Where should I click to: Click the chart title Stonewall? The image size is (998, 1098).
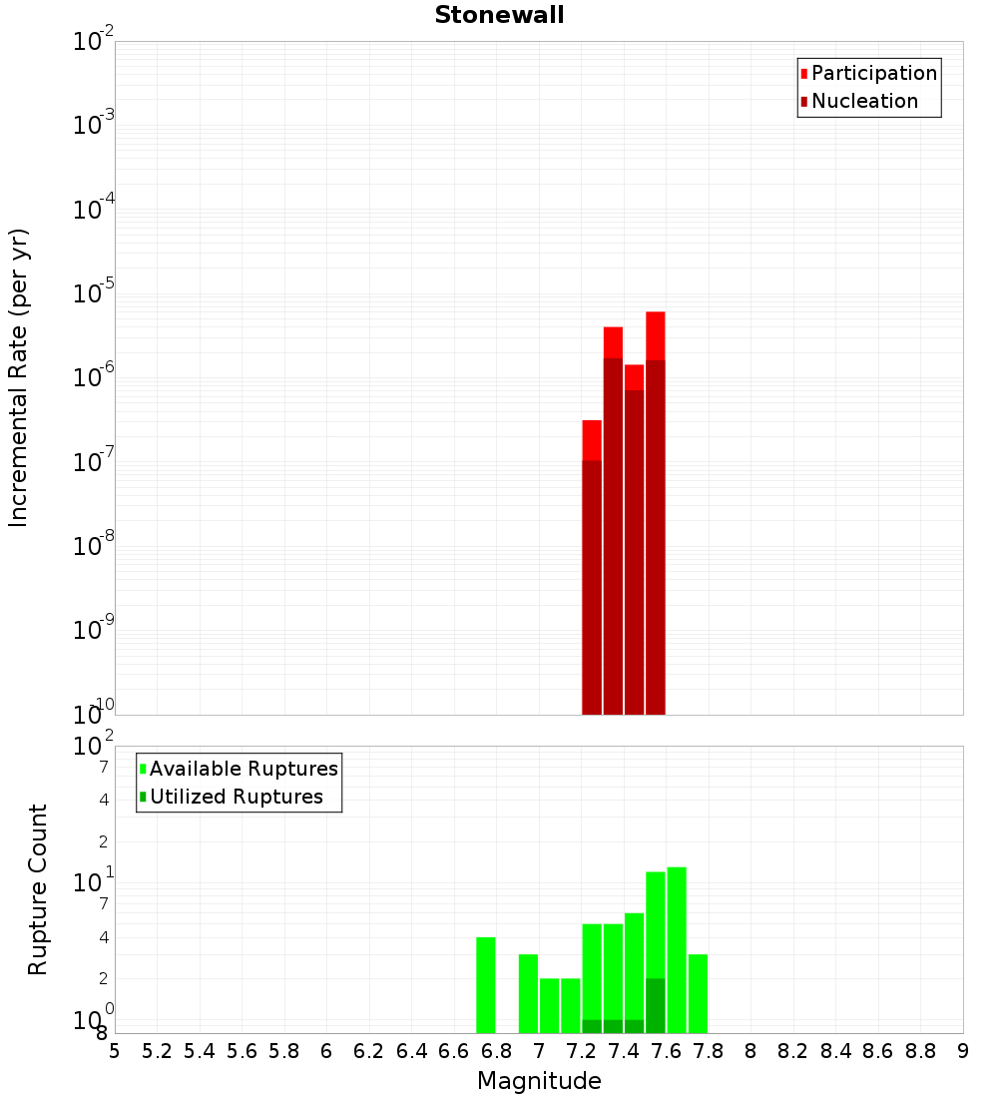tap(499, 15)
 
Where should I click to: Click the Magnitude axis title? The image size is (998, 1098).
tap(539, 1081)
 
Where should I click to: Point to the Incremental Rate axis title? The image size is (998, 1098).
tap(19, 378)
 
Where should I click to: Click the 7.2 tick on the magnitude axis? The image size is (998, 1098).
tap(581, 1050)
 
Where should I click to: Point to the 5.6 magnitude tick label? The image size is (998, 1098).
tap(242, 1050)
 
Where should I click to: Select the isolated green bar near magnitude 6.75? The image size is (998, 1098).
tap(486, 985)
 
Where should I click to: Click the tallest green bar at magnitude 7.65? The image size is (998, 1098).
tap(677, 948)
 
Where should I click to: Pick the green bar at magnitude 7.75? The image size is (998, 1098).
tap(698, 993)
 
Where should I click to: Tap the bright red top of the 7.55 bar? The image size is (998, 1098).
tap(656, 334)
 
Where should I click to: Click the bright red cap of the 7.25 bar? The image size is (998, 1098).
tap(592, 439)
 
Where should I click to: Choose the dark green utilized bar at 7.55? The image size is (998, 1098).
tap(656, 1005)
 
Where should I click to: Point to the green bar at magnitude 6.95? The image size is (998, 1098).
tap(528, 993)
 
